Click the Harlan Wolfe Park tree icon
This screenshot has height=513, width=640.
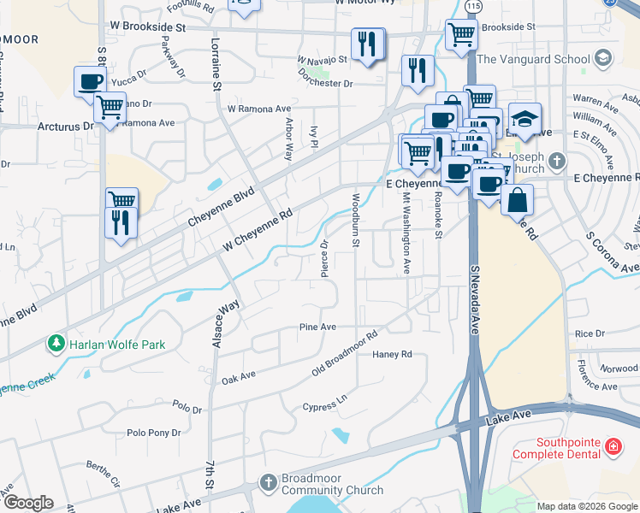(x=56, y=345)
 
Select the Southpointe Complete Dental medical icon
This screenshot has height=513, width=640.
(x=613, y=446)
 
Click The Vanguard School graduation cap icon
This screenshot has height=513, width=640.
(x=602, y=59)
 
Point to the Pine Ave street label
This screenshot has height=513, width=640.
(x=317, y=327)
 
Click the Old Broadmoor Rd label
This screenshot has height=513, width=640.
(x=345, y=355)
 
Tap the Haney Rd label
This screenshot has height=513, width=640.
(x=392, y=354)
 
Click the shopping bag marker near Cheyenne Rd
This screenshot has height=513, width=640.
(x=518, y=201)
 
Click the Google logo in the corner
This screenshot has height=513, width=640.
(x=27, y=503)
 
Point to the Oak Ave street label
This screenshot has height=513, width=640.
(x=239, y=377)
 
